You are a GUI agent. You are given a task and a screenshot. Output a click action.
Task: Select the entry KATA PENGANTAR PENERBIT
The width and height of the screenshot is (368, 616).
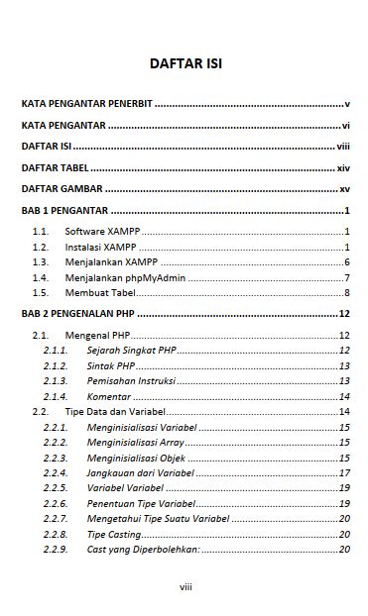(87, 103)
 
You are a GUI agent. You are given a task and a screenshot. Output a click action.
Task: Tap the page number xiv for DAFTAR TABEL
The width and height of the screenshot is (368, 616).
(343, 168)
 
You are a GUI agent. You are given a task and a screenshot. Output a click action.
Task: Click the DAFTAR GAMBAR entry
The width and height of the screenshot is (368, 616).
(61, 189)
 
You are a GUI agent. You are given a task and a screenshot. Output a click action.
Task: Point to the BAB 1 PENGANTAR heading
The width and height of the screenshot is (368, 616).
(64, 211)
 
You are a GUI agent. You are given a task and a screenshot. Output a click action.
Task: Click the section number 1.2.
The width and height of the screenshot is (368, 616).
(40, 247)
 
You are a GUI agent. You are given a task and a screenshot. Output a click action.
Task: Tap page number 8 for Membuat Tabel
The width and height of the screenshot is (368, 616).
(346, 292)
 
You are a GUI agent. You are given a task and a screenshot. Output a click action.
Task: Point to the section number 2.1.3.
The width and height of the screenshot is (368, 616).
(55, 380)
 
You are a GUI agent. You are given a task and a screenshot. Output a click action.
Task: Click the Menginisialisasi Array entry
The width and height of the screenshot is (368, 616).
(135, 442)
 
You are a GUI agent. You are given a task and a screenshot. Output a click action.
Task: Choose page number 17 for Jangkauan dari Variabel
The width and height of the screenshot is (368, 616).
(344, 472)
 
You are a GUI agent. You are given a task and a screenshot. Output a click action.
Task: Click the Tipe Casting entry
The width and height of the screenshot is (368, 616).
(114, 534)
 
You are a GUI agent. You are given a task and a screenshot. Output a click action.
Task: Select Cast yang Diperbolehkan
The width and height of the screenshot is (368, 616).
(143, 549)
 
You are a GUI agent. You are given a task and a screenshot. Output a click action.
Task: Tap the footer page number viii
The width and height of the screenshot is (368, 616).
(185, 587)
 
